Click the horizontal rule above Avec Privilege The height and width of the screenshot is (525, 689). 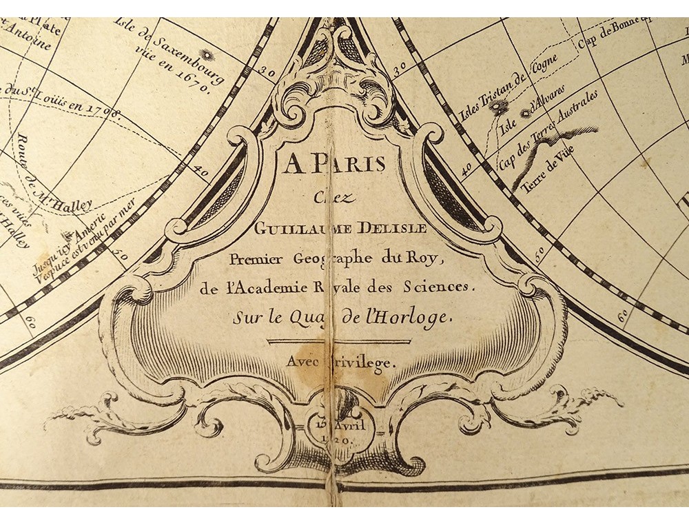pyautogui.click(x=338, y=340)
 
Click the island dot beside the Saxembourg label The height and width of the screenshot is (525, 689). pyautogui.click(x=205, y=55)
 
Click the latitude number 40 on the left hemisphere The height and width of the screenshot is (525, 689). pyautogui.click(x=201, y=167)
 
